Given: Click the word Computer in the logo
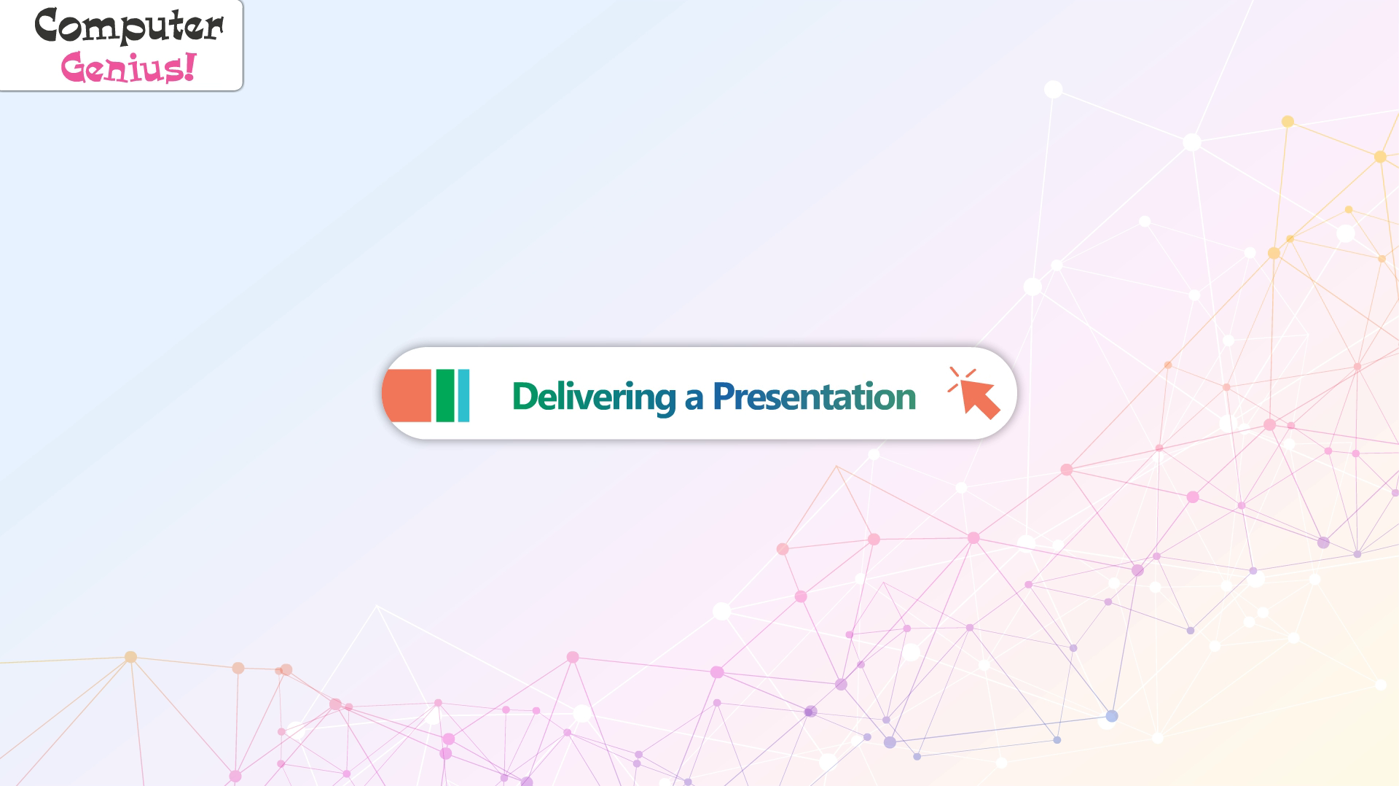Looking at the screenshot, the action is (129, 26).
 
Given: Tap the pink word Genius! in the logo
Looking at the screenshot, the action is (129, 68).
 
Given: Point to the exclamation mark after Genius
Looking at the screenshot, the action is (190, 66).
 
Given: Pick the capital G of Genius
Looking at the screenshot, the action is (74, 68).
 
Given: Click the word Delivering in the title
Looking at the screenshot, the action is (594, 397).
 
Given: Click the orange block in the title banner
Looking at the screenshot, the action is (407, 396).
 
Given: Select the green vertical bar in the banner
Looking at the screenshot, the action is (445, 396).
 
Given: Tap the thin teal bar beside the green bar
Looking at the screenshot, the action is (463, 396).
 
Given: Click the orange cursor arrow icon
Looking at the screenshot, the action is (979, 399).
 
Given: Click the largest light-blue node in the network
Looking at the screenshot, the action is (1111, 716).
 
